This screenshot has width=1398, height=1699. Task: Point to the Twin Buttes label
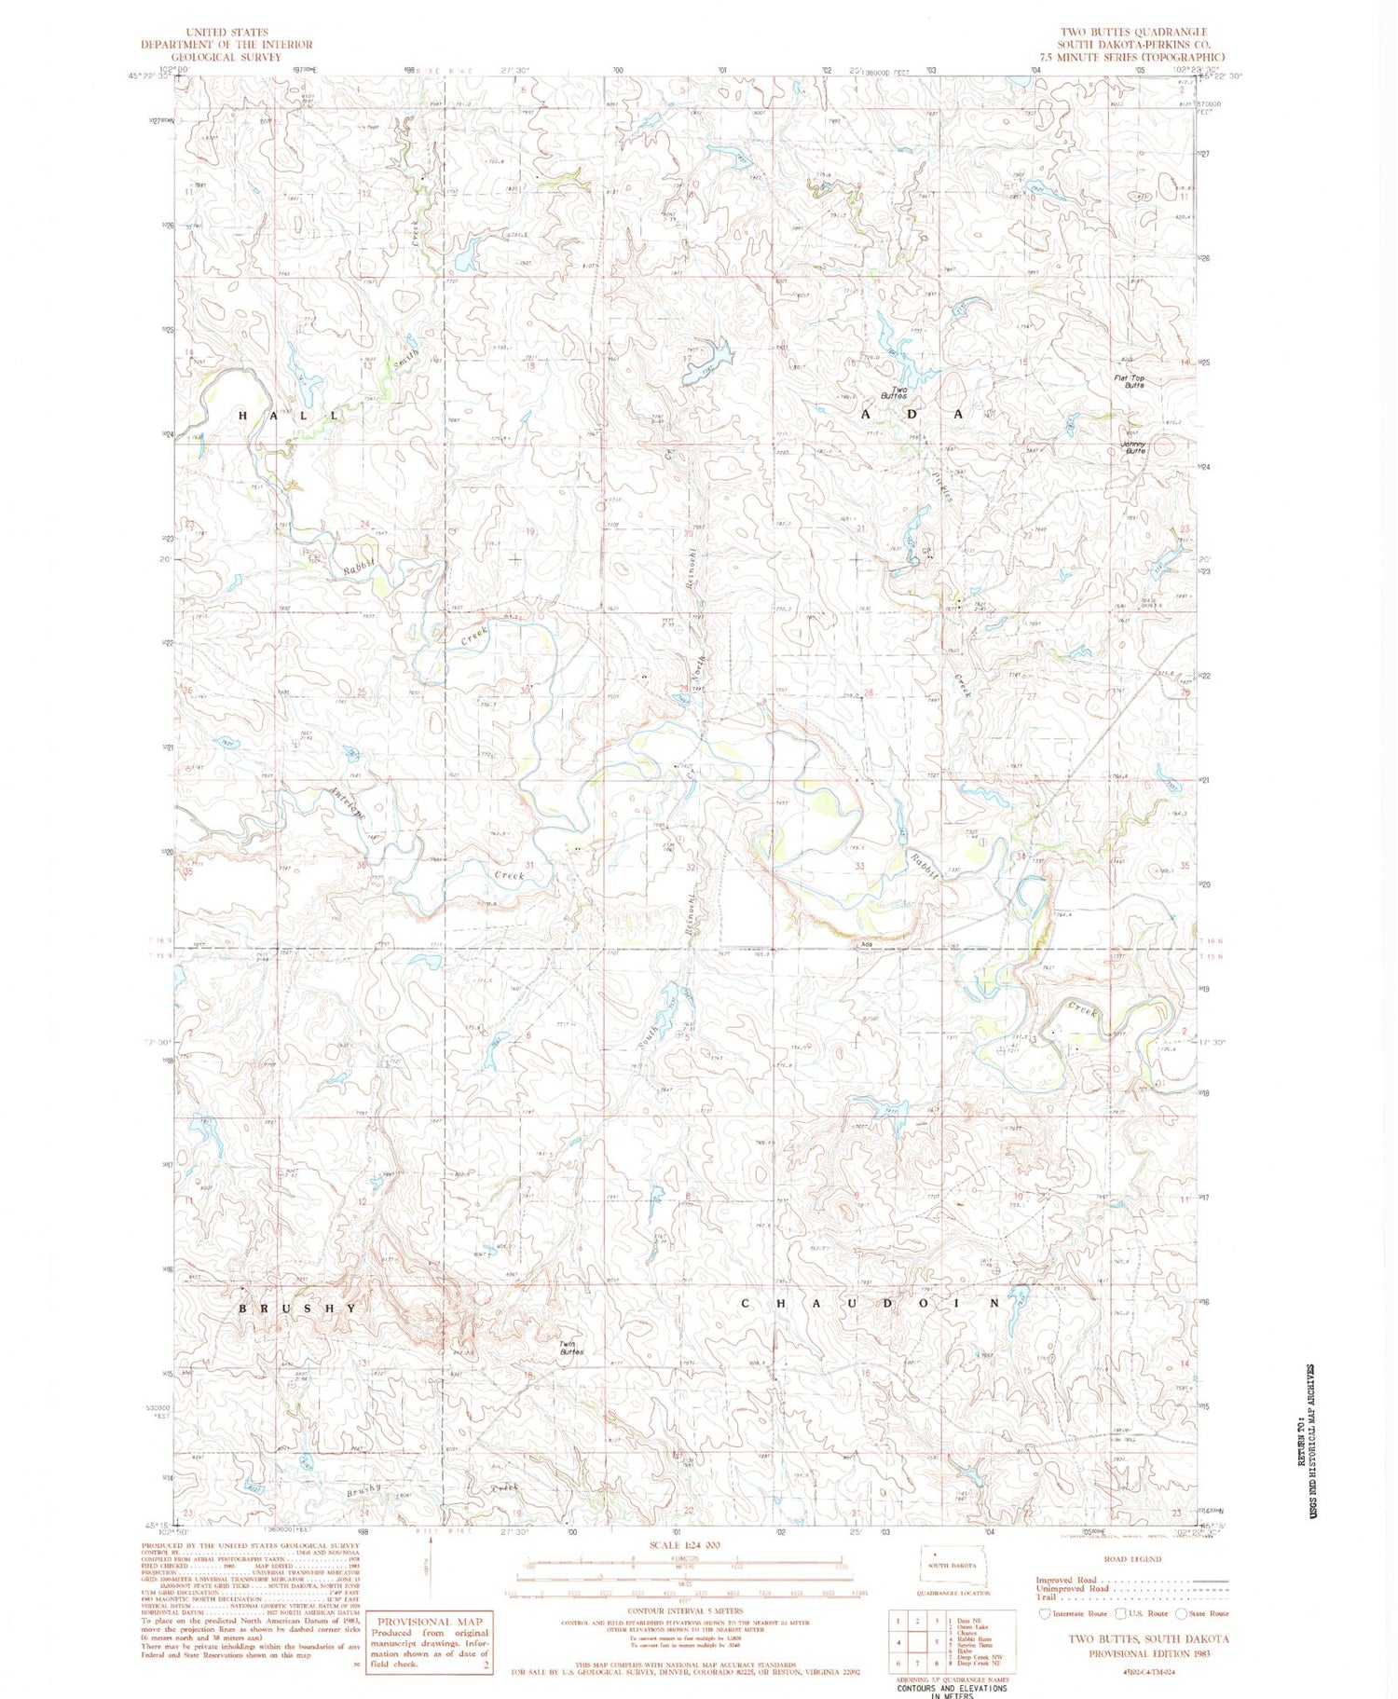571,1348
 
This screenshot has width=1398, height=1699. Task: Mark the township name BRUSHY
297,1308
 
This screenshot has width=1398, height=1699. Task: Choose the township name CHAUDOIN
873,1303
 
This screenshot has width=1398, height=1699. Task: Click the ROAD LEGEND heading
1132,1559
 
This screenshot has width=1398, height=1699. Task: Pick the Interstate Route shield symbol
1045,1613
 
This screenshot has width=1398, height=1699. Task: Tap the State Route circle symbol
1182,1613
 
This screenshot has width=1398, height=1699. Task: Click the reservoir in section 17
708,361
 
